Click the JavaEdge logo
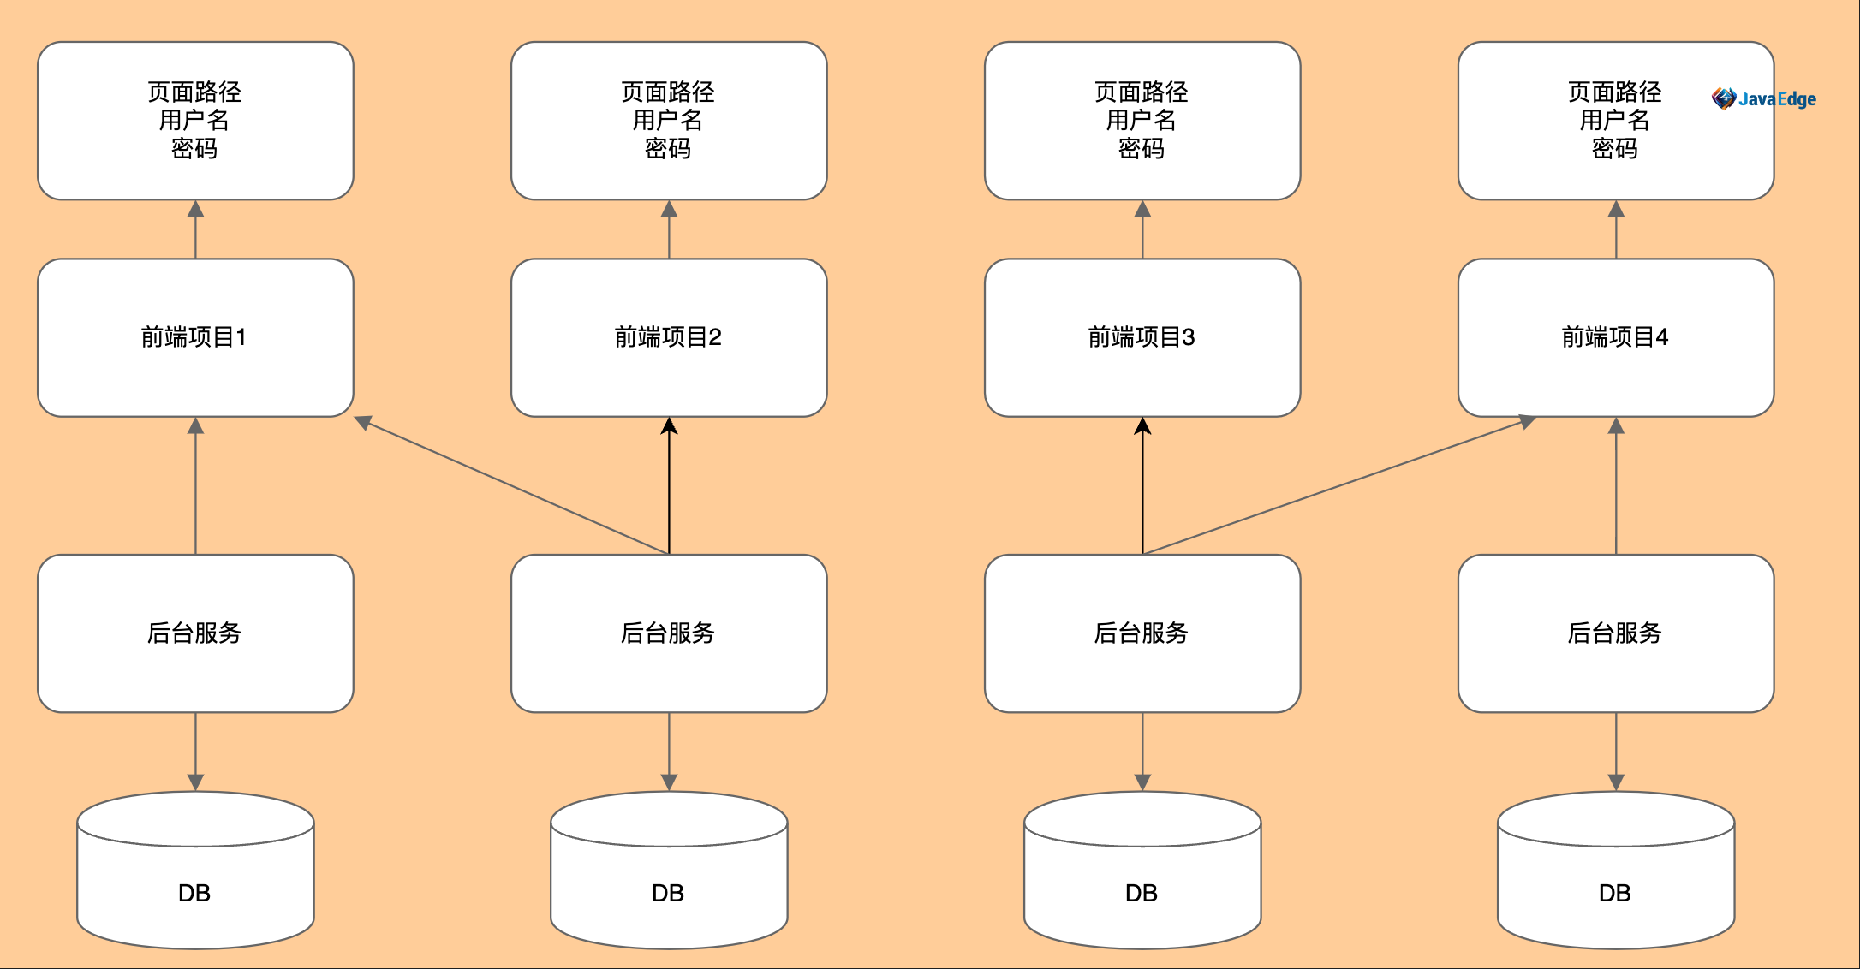[1763, 99]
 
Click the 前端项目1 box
[195, 337]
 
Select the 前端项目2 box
[669, 337]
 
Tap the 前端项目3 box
[1142, 337]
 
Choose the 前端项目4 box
[1616, 337]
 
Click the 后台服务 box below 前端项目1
[195, 633]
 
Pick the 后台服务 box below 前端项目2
[669, 633]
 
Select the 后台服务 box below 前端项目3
[1142, 633]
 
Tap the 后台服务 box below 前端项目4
[1616, 633]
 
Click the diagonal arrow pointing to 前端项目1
[511, 485]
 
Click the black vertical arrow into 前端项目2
[669, 485]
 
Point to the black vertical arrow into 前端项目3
[1142, 485]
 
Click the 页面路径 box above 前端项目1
[195, 121]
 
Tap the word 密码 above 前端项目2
[668, 149]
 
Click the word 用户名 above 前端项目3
[1142, 120]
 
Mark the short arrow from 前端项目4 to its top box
[1616, 229]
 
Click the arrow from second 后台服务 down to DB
[669, 752]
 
